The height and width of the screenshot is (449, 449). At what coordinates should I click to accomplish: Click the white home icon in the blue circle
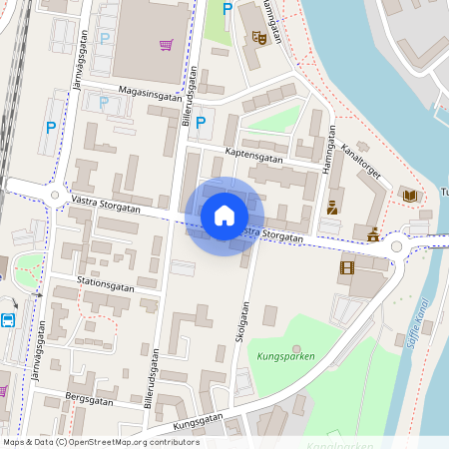pos(224,216)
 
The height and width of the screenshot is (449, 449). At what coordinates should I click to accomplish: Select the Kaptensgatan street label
pos(254,155)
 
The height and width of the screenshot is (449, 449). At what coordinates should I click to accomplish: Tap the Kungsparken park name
pos(285,356)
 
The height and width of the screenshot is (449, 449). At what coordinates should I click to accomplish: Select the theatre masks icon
pos(259,38)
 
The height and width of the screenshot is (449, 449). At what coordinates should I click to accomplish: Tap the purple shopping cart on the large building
pos(166,45)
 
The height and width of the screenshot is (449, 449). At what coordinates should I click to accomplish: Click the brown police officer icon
pos(332,208)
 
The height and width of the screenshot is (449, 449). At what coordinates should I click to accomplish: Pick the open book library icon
pos(409,195)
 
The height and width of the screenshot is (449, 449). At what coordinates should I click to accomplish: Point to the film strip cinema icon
pos(346,267)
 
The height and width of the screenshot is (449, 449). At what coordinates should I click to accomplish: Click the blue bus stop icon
pos(8,320)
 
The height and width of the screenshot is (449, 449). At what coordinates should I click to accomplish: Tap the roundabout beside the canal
pos(397,245)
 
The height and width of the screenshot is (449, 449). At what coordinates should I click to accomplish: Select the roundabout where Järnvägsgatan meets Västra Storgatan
pos(54,194)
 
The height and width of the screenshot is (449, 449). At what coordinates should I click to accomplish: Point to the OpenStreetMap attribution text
pos(100,442)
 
